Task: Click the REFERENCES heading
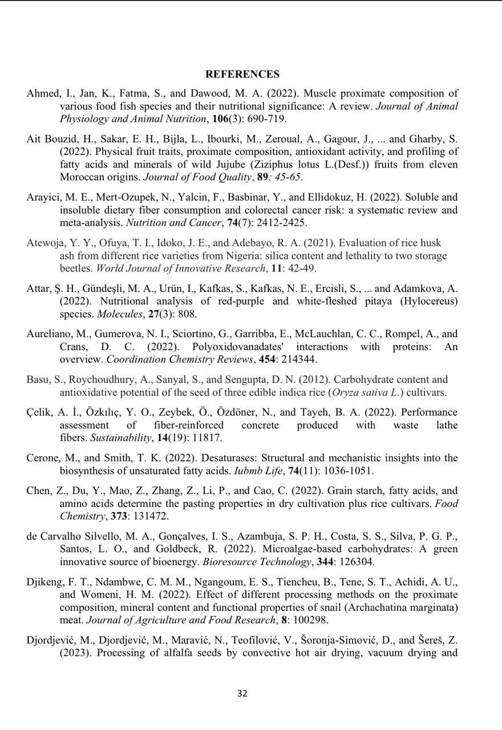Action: (242, 74)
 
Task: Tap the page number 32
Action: (242, 693)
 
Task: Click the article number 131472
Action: (150, 516)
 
